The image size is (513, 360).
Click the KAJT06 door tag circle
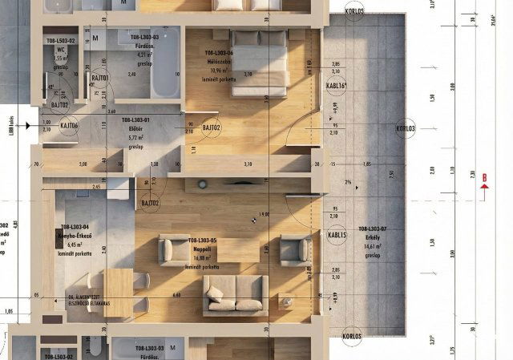[70, 125]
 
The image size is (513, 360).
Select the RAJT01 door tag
[99, 78]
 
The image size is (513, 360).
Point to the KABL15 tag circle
[337, 235]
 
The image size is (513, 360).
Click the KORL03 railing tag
[406, 127]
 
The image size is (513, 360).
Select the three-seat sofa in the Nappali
[234, 293]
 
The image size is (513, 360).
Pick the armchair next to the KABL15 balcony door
[296, 250]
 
